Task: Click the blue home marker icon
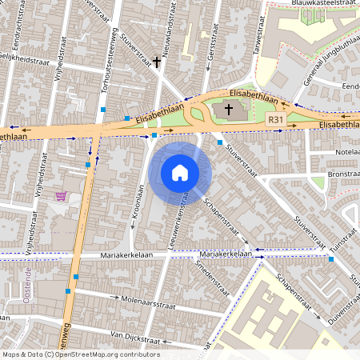180,172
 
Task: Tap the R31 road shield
277,118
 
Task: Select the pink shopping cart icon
61,196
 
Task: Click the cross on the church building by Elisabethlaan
228,109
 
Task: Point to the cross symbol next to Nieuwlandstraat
157,61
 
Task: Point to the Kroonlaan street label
138,204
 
